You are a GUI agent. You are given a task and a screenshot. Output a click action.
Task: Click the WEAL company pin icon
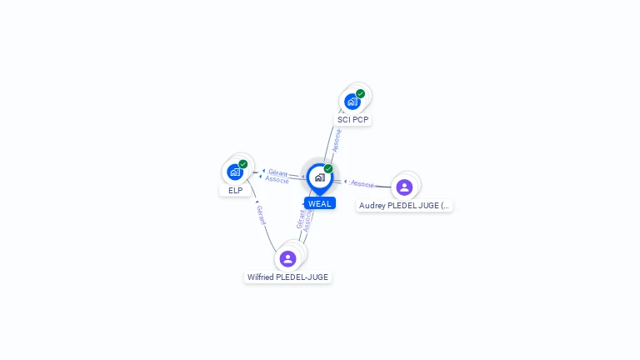(x=319, y=177)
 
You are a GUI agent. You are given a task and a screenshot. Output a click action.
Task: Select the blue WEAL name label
(x=320, y=203)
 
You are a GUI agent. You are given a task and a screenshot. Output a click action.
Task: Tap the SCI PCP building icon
(x=352, y=101)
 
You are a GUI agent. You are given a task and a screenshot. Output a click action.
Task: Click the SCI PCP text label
(x=352, y=120)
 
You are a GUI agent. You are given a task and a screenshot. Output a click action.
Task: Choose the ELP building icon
(x=235, y=172)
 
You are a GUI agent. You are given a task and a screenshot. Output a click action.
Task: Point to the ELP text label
(x=235, y=191)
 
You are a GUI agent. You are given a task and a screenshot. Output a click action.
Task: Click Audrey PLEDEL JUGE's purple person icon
(x=404, y=187)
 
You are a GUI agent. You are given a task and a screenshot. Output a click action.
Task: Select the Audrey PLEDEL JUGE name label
(x=404, y=205)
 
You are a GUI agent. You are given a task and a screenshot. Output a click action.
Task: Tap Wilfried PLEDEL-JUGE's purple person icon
(x=288, y=258)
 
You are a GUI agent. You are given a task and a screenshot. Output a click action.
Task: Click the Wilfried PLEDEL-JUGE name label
(x=287, y=277)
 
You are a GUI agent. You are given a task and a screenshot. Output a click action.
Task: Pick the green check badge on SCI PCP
(x=361, y=93)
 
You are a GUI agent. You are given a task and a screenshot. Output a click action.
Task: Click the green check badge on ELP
(x=243, y=164)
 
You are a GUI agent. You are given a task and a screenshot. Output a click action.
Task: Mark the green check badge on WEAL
(x=328, y=168)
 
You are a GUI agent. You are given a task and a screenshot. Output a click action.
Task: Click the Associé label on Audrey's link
(x=362, y=183)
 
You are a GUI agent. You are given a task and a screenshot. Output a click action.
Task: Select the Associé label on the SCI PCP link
(x=337, y=140)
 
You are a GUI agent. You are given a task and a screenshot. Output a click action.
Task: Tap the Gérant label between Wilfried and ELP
(x=261, y=216)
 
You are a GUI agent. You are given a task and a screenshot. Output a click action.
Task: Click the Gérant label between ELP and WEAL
(x=277, y=172)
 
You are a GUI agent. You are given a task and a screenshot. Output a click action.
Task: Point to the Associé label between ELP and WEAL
(x=277, y=180)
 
